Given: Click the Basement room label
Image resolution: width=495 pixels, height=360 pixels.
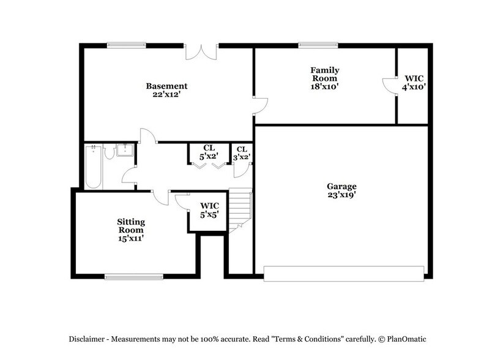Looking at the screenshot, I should [166, 86].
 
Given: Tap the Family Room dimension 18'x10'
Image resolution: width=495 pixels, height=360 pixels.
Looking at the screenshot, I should [324, 87].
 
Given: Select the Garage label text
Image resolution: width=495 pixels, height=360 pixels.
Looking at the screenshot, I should [341, 186].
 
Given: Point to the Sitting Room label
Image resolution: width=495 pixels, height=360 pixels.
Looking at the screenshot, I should [131, 225].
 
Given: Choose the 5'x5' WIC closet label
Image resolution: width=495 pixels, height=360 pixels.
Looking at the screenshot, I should [208, 209].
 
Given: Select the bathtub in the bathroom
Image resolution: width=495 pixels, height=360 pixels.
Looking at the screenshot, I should [93, 166].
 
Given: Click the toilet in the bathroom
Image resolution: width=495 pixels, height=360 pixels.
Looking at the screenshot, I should [110, 151].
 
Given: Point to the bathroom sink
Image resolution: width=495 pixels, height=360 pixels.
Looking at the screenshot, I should [126, 151].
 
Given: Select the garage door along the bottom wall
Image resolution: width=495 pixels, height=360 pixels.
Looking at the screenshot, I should [343, 273].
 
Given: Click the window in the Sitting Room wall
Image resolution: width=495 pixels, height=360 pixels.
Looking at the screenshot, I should [134, 277].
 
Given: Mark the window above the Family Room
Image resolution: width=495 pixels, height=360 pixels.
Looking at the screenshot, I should [318, 45].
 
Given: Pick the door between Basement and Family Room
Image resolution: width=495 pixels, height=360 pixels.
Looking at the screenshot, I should [260, 106].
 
